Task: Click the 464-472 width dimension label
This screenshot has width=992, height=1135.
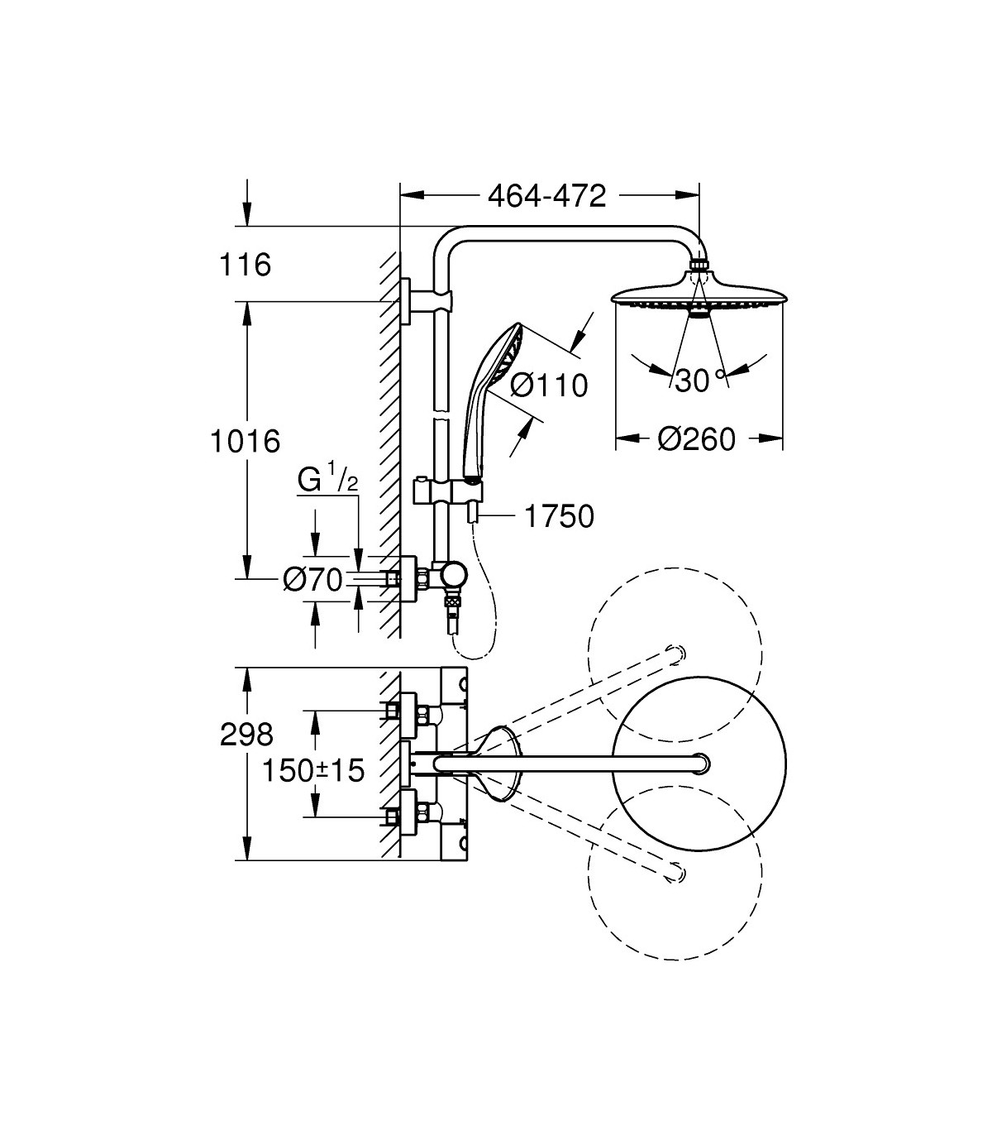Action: click(546, 196)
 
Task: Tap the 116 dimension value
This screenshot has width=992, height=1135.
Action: click(245, 266)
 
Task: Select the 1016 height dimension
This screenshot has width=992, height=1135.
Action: click(244, 441)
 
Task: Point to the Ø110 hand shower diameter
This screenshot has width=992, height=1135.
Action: click(548, 385)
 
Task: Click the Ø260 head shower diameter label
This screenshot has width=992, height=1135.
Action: click(696, 439)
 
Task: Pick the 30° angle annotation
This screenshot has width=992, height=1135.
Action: click(696, 381)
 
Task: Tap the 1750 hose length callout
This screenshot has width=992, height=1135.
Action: click(559, 516)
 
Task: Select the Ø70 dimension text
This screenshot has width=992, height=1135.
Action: click(312, 581)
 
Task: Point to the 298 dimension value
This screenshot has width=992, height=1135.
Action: click(246, 734)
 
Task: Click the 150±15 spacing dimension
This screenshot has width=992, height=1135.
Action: click(313, 771)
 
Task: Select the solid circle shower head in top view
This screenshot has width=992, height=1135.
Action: click(699, 764)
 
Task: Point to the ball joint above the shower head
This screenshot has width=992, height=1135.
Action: click(699, 266)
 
